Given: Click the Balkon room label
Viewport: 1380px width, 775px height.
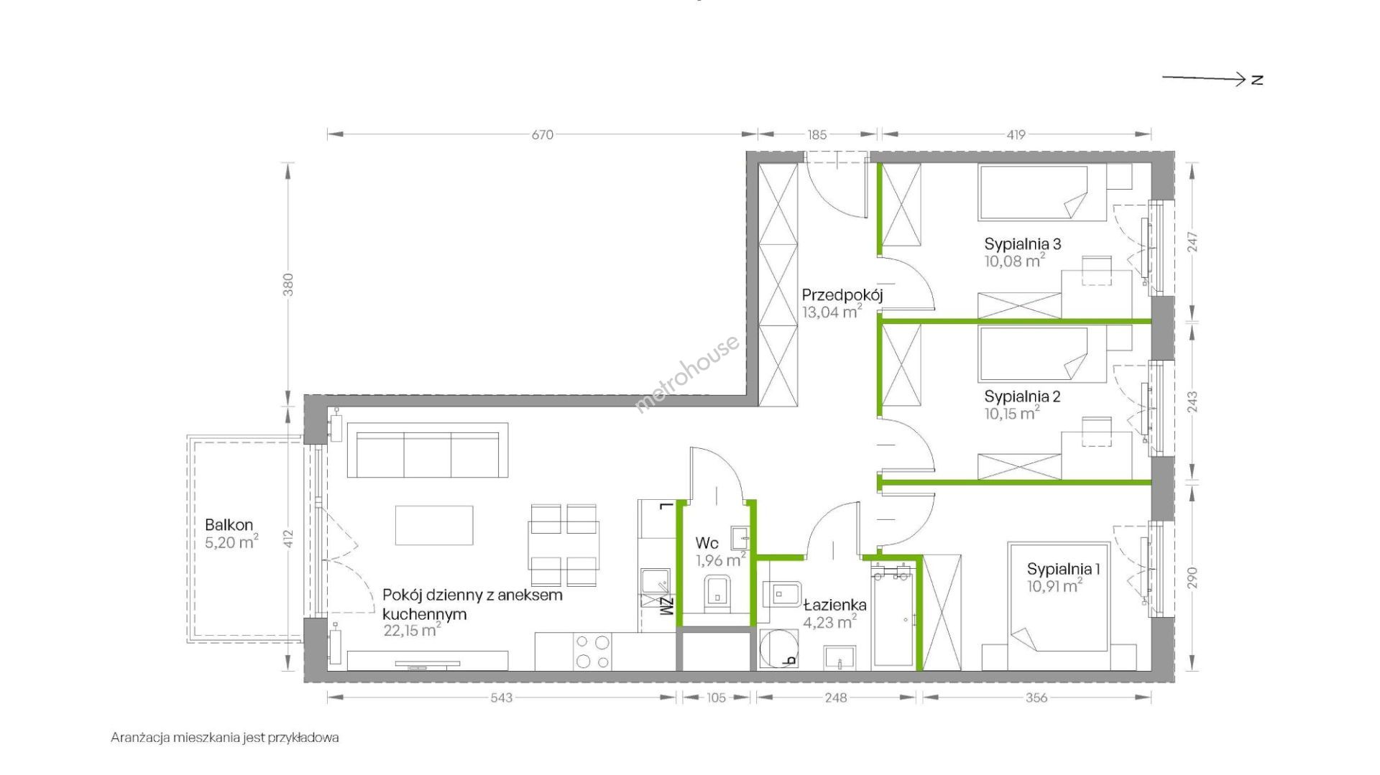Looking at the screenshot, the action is click(x=229, y=525).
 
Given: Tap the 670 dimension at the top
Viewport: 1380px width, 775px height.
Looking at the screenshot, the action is click(x=543, y=134).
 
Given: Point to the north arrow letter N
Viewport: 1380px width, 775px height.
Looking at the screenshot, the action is click(x=1256, y=80).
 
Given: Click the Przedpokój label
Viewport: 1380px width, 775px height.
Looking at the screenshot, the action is click(x=842, y=294).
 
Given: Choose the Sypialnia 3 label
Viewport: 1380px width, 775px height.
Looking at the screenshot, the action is click(x=1023, y=243).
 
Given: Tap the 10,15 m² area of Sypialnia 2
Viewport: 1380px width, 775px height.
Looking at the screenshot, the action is click(x=1012, y=413).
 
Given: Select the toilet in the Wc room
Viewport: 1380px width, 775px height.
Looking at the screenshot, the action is click(x=717, y=592).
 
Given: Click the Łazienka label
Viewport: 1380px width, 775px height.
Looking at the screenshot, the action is click(x=835, y=605).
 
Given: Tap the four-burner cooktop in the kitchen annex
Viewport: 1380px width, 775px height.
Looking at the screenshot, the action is click(x=592, y=651).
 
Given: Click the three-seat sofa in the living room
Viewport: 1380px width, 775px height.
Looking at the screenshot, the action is click(x=428, y=450).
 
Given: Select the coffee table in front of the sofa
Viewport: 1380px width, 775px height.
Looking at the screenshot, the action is click(x=434, y=525).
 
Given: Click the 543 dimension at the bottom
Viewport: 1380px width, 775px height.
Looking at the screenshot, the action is click(x=502, y=697).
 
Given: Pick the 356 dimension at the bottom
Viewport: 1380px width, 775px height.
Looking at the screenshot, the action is click(x=1036, y=697).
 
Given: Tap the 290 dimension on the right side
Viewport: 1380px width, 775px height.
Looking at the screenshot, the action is click(x=1192, y=578).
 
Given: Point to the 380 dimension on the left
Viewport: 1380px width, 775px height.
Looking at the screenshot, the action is click(x=289, y=284).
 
